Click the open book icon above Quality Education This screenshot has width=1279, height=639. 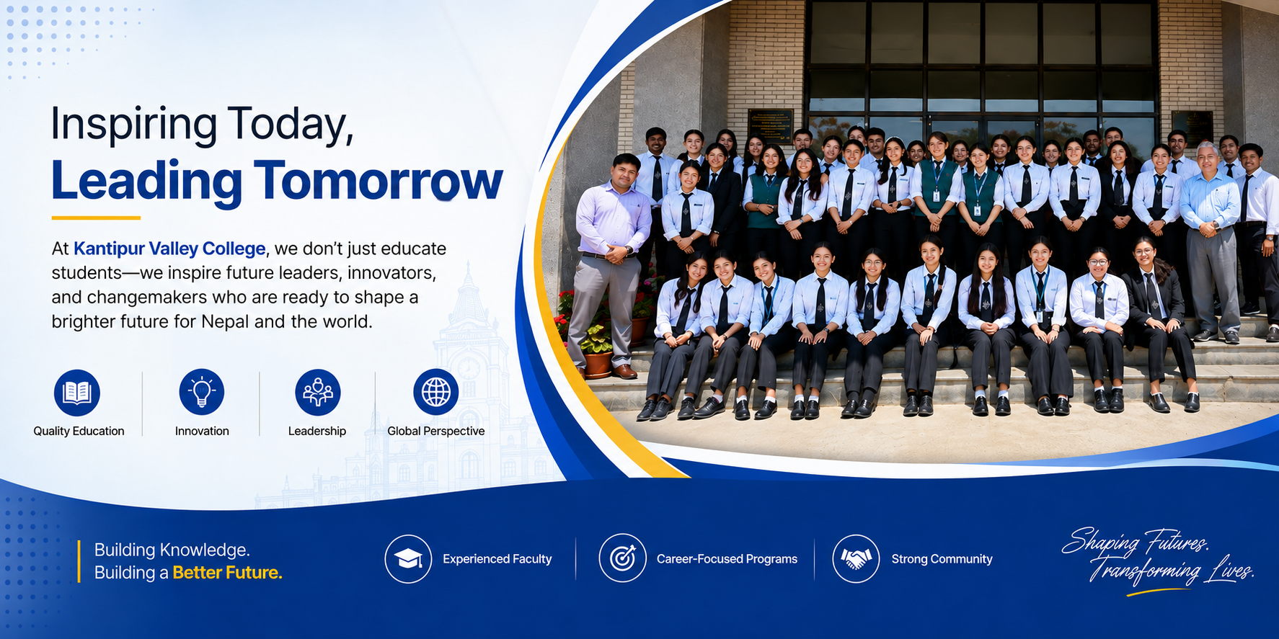[77, 393]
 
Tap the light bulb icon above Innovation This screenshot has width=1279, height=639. [202, 393]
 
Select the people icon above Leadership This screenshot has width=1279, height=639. [318, 393]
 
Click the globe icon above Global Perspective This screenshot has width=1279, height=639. [436, 393]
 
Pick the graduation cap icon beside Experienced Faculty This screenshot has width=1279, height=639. [408, 558]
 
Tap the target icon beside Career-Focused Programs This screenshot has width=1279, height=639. [622, 558]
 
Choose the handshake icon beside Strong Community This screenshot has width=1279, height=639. [856, 558]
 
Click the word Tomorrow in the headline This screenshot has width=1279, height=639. [378, 180]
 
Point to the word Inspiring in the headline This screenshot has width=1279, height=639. [133, 124]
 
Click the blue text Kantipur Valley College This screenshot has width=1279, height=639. [169, 249]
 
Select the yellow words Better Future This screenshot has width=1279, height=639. [228, 573]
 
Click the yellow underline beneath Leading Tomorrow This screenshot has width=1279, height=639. [96, 218]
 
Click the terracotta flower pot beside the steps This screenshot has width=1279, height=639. [598, 364]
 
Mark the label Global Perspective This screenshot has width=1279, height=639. [436, 431]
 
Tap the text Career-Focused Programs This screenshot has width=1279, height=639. [727, 559]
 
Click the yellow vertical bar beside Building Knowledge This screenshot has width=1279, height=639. [79, 561]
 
